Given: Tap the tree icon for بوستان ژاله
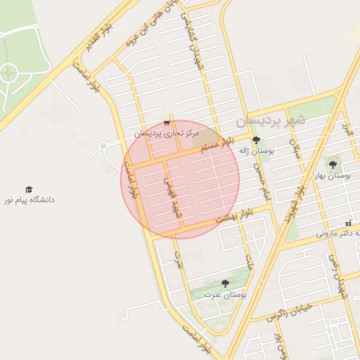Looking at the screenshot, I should click(x=255, y=141).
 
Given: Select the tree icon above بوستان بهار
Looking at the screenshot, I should click(x=333, y=164).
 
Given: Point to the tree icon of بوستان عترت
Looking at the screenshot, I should click(x=225, y=283).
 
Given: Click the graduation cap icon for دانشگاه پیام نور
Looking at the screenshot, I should click(x=29, y=190).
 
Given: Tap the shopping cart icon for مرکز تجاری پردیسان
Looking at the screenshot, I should click(x=166, y=122).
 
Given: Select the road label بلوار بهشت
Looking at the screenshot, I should click(x=233, y=217).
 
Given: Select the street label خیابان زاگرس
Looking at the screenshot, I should click(x=290, y=314).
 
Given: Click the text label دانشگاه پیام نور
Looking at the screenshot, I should click(x=29, y=200).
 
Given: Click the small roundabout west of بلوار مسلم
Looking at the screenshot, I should click(x=103, y=146).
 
